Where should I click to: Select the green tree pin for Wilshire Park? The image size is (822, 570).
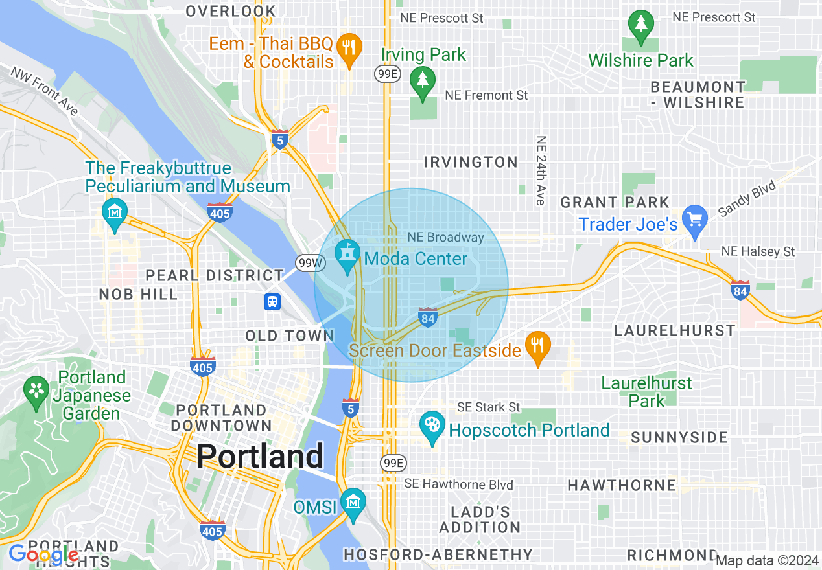pyautogui.click(x=640, y=27)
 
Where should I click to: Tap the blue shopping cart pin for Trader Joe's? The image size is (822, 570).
pyautogui.click(x=695, y=221)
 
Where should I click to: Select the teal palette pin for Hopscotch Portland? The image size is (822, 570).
pyautogui.click(x=431, y=427)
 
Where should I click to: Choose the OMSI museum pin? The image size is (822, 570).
pyautogui.click(x=353, y=503)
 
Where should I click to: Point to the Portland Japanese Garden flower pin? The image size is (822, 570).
pyautogui.click(x=36, y=392)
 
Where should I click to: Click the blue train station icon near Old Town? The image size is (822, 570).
pyautogui.click(x=272, y=302)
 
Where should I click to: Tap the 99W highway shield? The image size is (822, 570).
pyautogui.click(x=309, y=262)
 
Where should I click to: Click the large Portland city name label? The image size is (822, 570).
pyautogui.click(x=259, y=456)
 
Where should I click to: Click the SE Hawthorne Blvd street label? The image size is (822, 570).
pyautogui.click(x=458, y=484)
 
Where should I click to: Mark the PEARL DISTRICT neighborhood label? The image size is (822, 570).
pyautogui.click(x=215, y=275)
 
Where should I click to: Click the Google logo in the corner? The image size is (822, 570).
pyautogui.click(x=43, y=554)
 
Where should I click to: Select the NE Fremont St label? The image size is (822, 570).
pyautogui.click(x=486, y=95)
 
